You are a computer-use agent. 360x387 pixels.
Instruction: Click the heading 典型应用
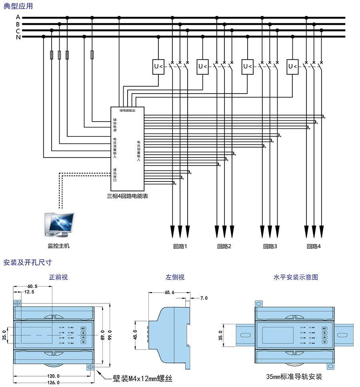pos(18,6)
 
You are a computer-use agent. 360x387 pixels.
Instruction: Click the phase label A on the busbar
pos(18,17)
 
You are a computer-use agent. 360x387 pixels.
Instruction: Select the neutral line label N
pos(18,37)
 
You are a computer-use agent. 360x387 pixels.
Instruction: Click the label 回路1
pos(180,246)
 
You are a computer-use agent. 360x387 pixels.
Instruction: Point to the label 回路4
pos(314,246)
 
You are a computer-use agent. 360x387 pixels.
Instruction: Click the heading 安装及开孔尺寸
pos(27,263)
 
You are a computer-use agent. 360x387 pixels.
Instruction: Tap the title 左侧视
pos(175,277)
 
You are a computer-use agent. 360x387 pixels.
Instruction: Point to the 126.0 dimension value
pos(53,383)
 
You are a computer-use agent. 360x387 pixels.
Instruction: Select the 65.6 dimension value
pos(170,292)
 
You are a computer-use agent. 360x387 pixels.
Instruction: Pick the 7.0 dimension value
pos(204,298)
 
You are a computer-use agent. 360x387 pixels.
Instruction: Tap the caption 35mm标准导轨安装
pos(294,377)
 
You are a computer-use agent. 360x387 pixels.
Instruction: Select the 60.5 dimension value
pos(32,287)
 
